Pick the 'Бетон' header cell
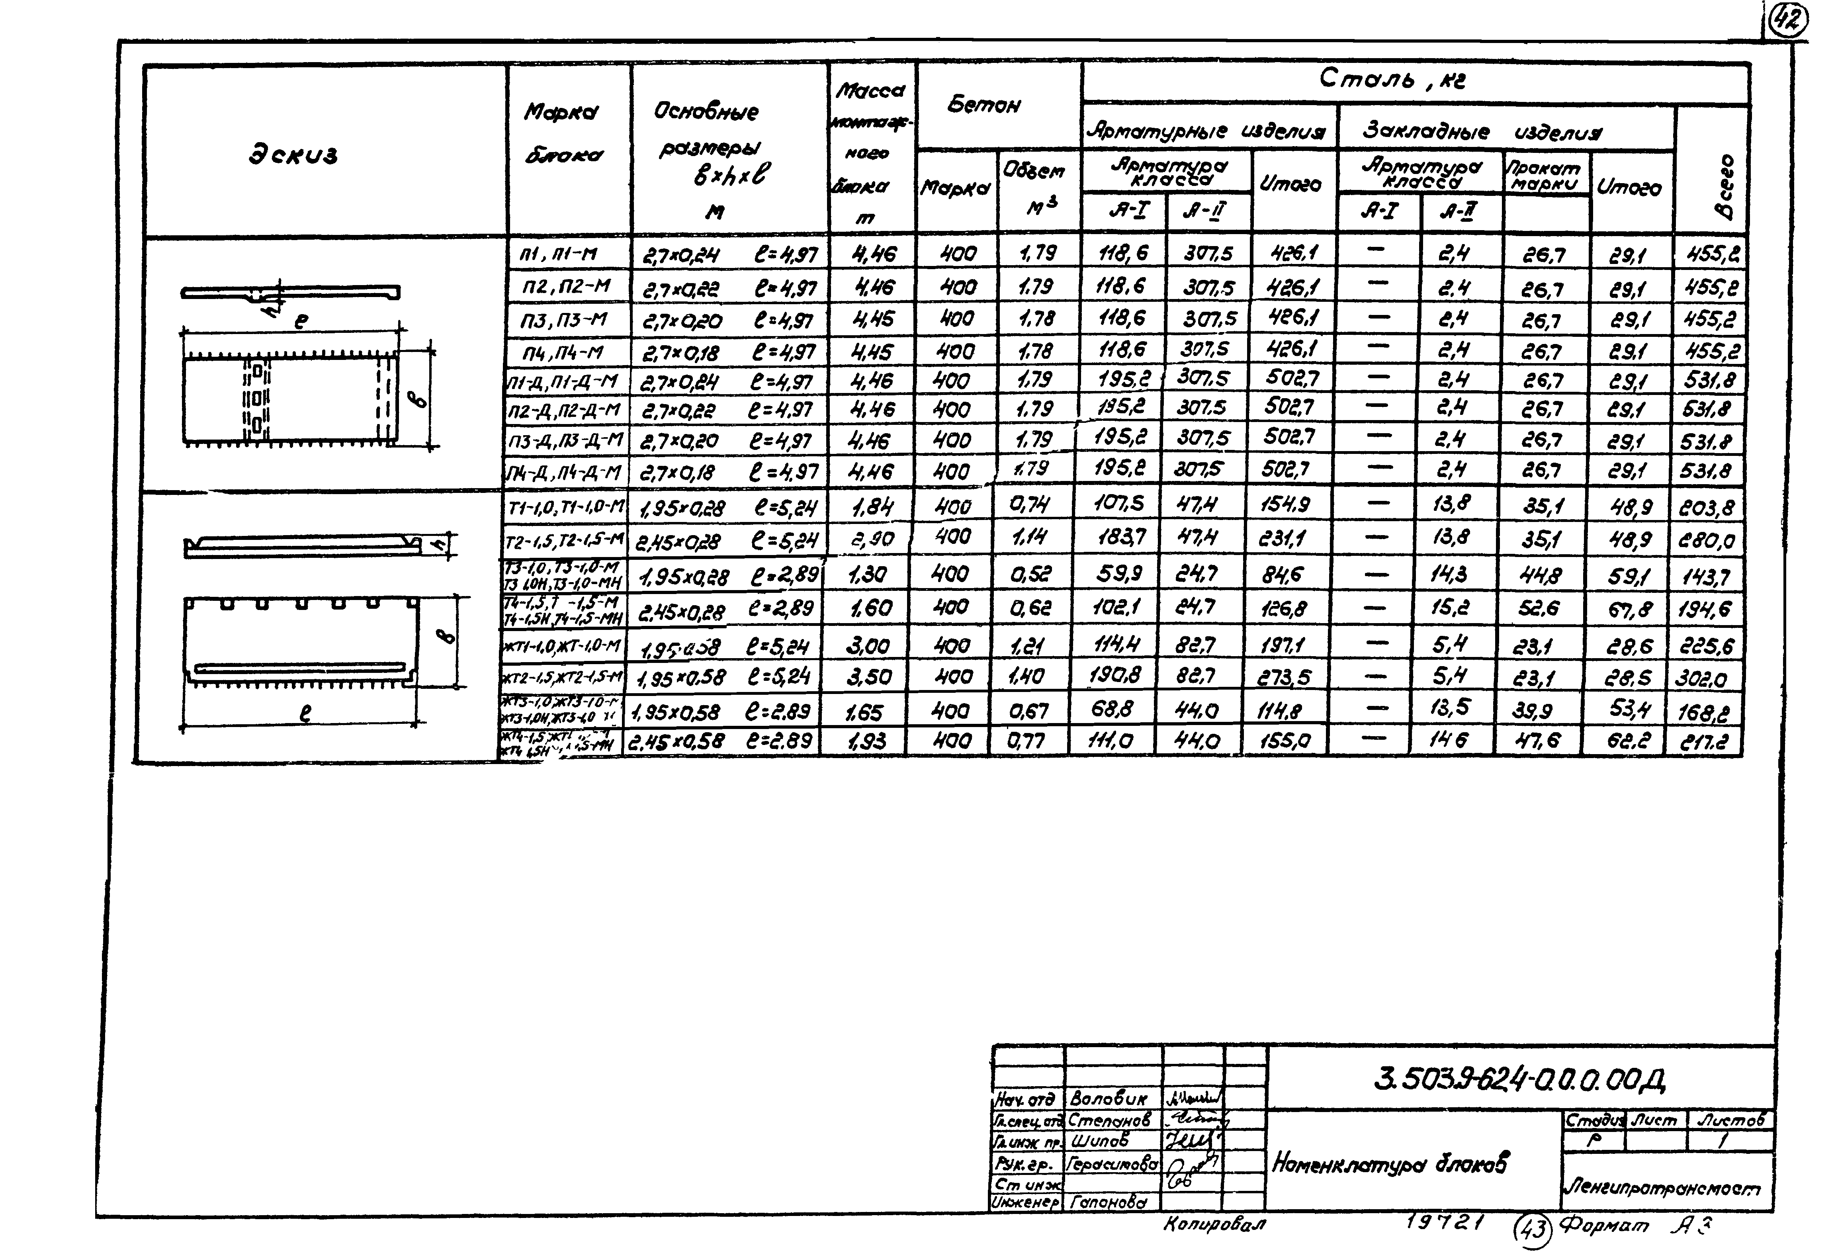[983, 105]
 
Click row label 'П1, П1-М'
[558, 254]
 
